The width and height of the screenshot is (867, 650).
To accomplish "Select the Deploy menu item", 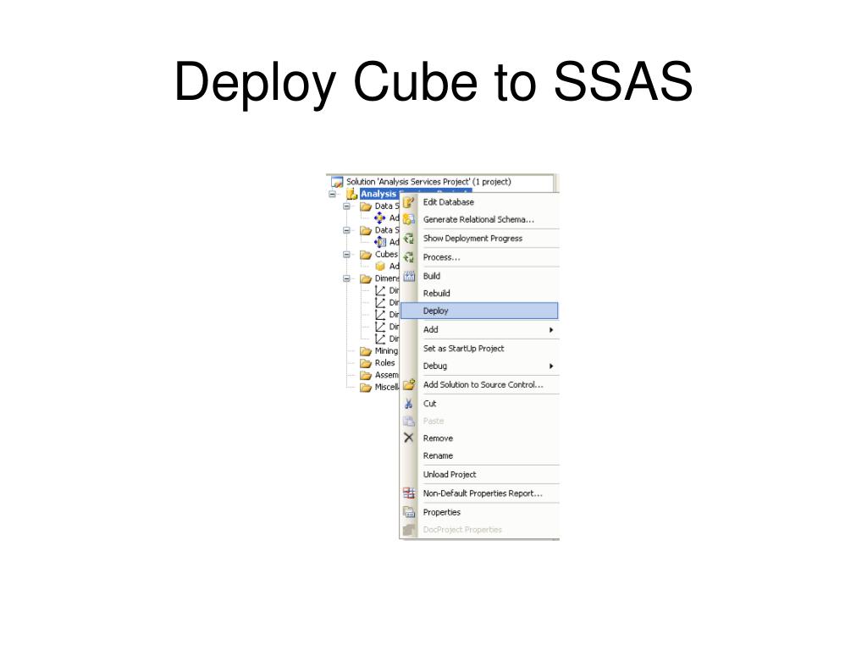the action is point(436,311).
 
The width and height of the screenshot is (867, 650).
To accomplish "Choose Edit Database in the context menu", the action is point(449,202).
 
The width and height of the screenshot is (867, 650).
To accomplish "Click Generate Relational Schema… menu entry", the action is point(478,220).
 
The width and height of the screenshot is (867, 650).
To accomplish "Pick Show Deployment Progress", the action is point(472,239).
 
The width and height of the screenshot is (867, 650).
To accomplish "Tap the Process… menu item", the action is point(442,257).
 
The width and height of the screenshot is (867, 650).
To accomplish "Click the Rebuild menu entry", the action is point(437,294).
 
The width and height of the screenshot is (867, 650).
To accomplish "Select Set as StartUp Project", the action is point(463,348).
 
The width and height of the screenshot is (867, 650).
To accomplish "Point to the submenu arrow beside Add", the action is point(551,330).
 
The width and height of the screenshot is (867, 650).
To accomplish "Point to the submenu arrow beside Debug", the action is point(551,366).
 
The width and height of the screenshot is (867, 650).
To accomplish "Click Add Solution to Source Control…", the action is point(483,385).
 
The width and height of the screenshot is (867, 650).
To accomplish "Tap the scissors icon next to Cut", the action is point(409,404).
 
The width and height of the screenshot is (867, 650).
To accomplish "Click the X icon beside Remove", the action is point(409,438).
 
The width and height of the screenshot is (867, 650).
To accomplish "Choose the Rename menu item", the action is point(438,455).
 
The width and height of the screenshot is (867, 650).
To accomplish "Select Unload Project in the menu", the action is point(450,475).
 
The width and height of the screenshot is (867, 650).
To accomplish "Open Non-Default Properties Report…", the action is point(483,493).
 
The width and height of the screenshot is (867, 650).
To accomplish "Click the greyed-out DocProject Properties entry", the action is point(462,530).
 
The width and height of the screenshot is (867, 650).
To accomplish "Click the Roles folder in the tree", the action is point(384,363).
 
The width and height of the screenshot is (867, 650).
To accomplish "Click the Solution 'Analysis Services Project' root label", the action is point(428,181).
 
